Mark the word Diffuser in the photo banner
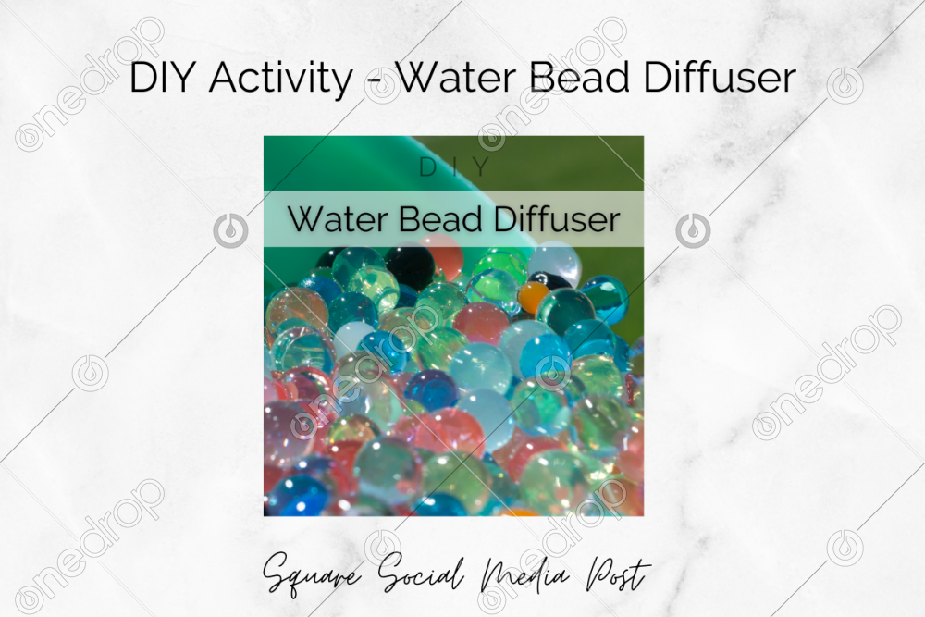(x=556, y=219)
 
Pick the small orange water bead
(x=533, y=297)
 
